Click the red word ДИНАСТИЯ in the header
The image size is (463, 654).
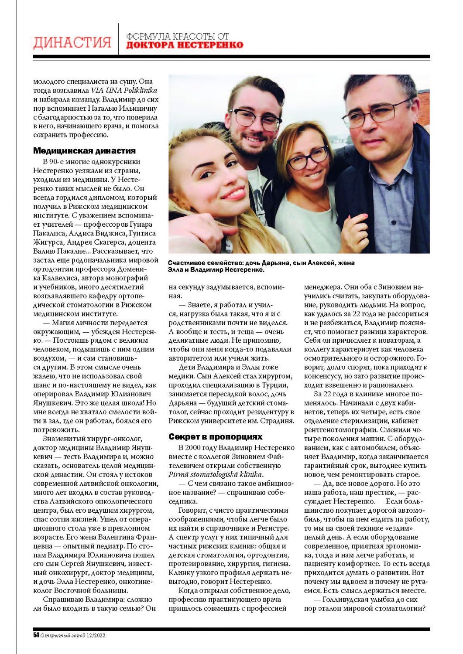[x=72, y=43]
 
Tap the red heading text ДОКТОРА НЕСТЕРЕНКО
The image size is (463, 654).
[x=185, y=45]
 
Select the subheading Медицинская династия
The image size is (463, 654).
[x=84, y=151]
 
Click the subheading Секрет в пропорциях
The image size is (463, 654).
[x=216, y=437]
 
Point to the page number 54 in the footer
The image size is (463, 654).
[x=36, y=635]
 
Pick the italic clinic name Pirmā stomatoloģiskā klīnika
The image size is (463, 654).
[x=216, y=474]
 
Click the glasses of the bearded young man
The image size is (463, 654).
[x=255, y=118]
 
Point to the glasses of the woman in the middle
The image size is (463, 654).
[x=309, y=157]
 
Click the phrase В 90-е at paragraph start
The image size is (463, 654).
[x=54, y=162]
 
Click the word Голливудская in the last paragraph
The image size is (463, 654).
[x=346, y=599]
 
